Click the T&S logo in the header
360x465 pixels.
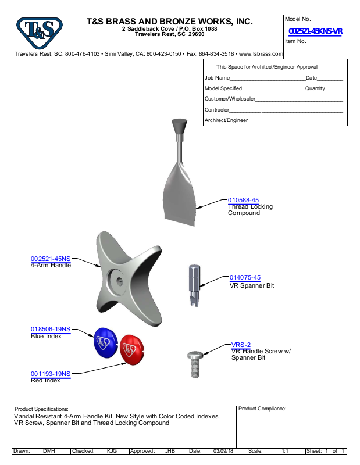tap(39, 33)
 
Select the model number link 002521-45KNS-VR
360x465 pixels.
tap(315, 31)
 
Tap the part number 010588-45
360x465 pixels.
tap(243, 200)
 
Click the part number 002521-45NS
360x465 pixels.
tap(51, 259)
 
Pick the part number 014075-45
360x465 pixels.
tap(245, 278)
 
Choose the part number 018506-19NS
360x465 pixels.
tap(51, 329)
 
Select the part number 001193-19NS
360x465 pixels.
tap(51, 374)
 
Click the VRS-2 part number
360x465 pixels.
tap(241, 345)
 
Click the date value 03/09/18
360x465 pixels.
tap(223, 451)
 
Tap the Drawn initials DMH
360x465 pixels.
tap(49, 451)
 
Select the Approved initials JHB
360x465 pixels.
tap(170, 451)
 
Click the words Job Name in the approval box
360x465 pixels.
tap(217, 77)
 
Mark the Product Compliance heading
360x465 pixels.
tap(262, 409)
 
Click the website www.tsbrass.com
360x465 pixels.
tap(261, 53)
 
